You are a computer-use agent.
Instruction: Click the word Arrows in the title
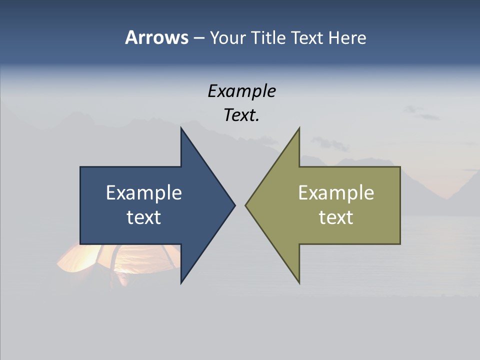[156, 37]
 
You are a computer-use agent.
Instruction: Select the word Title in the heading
[270, 37]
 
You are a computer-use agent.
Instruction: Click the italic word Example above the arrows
[241, 91]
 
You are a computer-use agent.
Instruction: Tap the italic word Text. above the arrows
[241, 115]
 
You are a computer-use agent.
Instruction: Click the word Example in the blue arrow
[143, 193]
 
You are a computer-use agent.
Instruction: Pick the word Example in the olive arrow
[336, 193]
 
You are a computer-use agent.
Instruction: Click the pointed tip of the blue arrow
[234, 205]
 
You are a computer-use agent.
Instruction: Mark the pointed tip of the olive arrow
[246, 205]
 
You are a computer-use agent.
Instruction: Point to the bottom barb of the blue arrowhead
[182, 281]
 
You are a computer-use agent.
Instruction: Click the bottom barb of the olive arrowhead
[298, 281]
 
